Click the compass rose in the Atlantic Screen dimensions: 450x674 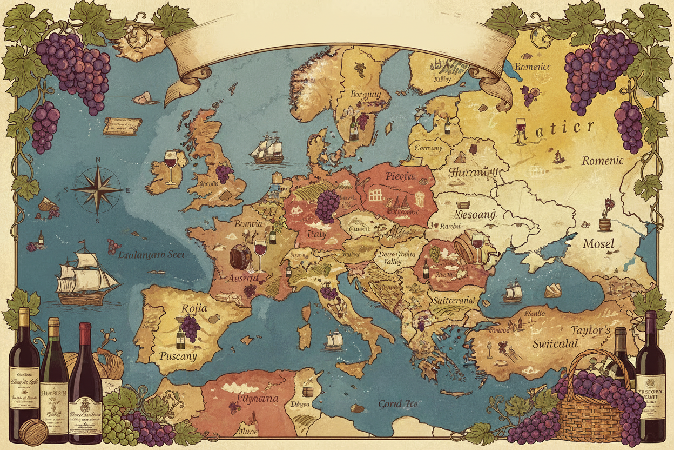pos(98,190)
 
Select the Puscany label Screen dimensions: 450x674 pos(178,356)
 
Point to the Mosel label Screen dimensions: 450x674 pos(598,244)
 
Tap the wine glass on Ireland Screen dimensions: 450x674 pos(171,166)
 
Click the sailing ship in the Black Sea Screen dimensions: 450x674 pos(513,293)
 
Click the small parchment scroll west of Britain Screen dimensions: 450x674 pos(122,125)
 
